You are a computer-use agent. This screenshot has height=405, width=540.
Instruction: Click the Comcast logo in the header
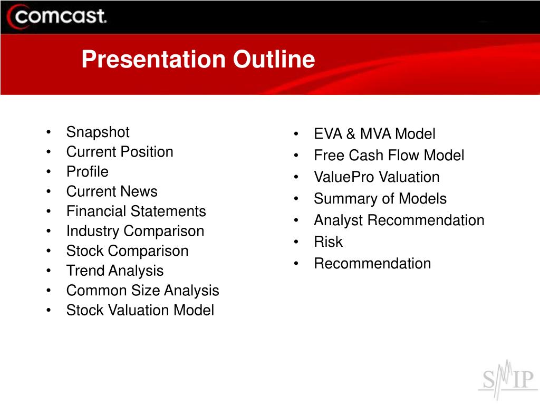[x=56, y=16]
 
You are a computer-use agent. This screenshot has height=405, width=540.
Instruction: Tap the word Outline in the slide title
[x=274, y=59]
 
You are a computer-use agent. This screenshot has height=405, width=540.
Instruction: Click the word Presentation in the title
[x=153, y=59]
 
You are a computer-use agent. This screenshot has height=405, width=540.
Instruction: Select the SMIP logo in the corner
[x=508, y=380]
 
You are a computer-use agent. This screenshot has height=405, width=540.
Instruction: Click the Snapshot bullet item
[x=98, y=132]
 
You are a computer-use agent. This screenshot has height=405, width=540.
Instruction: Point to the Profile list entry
[x=88, y=171]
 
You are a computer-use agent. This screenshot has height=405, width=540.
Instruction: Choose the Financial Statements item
[x=136, y=211]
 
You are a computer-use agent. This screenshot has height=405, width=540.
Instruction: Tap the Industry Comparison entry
[x=135, y=231]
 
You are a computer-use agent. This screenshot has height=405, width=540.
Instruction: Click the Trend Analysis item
[x=114, y=271]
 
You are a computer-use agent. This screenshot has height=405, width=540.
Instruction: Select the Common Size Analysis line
[x=142, y=291]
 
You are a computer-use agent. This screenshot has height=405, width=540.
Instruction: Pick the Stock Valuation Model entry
[x=140, y=310]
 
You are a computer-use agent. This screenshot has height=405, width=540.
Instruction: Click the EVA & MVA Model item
[x=375, y=133]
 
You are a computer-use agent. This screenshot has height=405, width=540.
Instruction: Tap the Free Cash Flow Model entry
[x=389, y=156]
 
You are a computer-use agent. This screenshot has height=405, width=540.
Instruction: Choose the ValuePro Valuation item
[x=377, y=177]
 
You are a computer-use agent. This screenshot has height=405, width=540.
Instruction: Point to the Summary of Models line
[x=380, y=199]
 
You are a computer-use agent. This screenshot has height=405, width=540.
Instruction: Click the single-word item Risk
[x=328, y=242]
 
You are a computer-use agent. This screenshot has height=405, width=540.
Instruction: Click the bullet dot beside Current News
[x=49, y=191]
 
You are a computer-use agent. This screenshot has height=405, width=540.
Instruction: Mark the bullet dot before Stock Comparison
[x=49, y=250]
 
